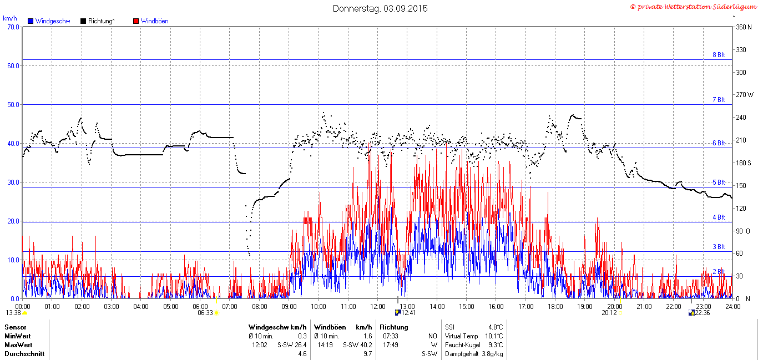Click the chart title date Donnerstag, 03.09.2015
click(x=380, y=8)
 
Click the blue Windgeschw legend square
click(x=31, y=21)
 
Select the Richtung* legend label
click(x=101, y=21)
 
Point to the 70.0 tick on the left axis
click(x=13, y=27)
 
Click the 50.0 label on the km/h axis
click(x=13, y=104)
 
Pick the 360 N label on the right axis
click(x=744, y=27)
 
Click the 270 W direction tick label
click(x=745, y=95)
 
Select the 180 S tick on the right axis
click(x=744, y=163)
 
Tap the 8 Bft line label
click(x=719, y=55)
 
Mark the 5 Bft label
click(x=719, y=182)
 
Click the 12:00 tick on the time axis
click(x=378, y=307)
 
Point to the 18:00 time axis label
click(x=555, y=307)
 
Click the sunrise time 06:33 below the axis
click(x=205, y=313)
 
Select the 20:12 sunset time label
click(x=609, y=313)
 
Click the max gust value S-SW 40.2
click(x=357, y=345)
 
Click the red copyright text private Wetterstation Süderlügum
click(x=697, y=7)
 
